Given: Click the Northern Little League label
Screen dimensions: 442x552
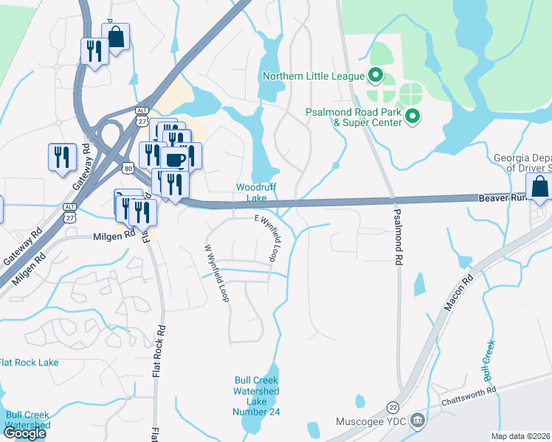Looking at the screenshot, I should point(314,76).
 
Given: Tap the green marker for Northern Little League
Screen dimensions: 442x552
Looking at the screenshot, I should point(375,74).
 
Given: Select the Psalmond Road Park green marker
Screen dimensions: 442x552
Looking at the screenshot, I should point(413,116).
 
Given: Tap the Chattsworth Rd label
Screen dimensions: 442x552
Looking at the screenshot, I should point(469,398).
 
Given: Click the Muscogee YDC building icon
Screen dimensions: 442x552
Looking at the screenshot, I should point(418,421).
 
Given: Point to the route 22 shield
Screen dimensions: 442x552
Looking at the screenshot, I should point(392,407).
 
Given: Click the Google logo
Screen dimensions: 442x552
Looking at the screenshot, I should point(24,432).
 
